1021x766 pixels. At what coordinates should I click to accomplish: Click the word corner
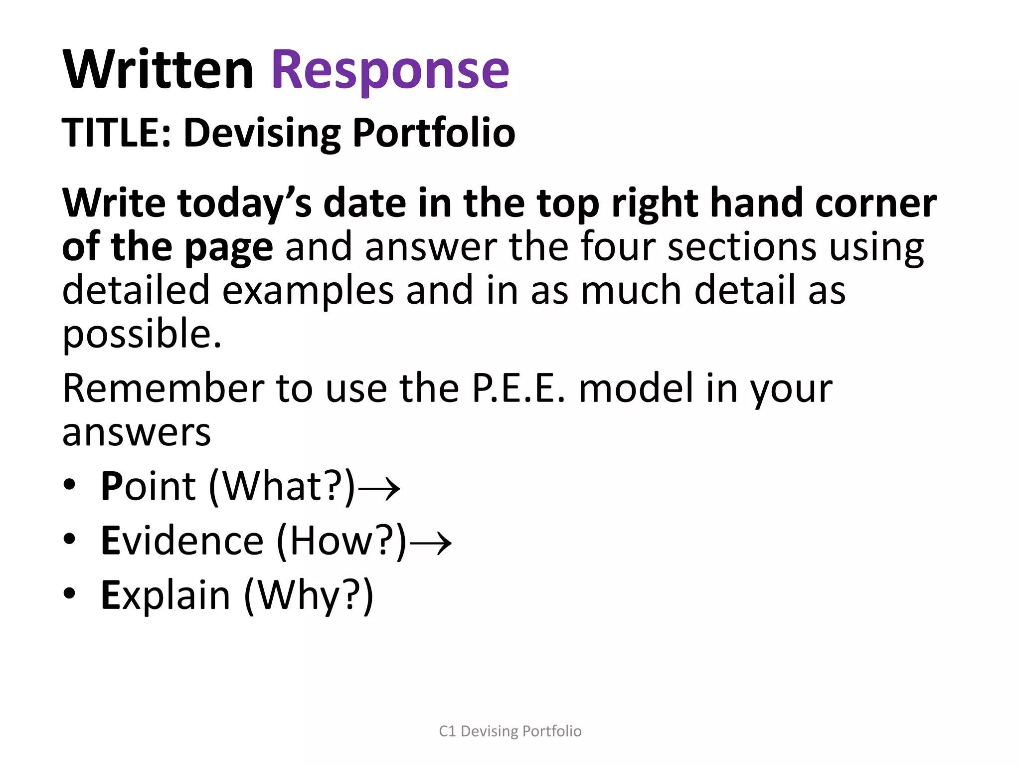[x=875, y=203]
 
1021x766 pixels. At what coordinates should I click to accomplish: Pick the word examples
[x=308, y=290]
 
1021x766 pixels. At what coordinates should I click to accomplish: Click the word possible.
[x=142, y=334]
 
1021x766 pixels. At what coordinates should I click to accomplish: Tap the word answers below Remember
[x=137, y=432]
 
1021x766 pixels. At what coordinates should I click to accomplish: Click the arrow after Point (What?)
[x=379, y=488]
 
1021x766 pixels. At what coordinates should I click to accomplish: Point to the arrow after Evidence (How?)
[x=431, y=542]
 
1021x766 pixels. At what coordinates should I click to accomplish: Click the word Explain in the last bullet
[x=166, y=595]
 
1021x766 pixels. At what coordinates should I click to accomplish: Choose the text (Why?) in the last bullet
[x=309, y=595]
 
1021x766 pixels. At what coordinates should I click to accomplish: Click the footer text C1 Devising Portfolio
[x=510, y=731]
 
